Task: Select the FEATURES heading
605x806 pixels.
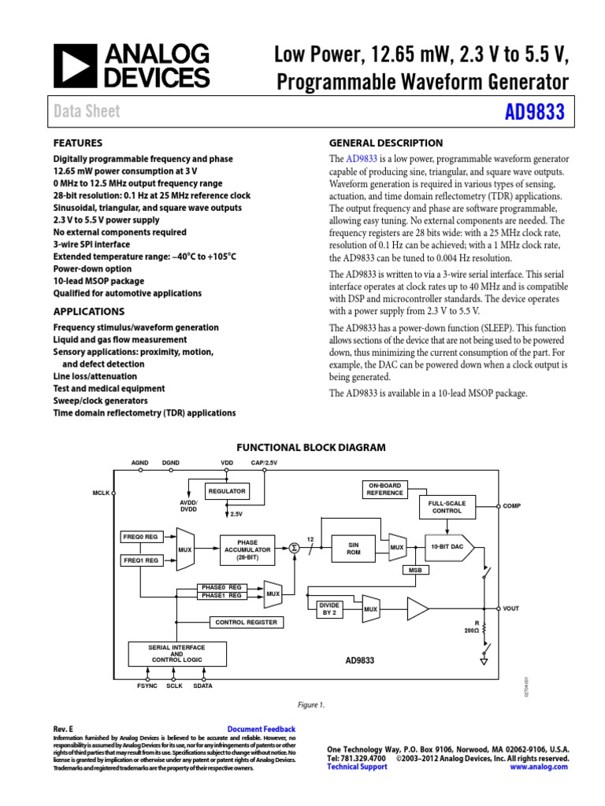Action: tap(77, 143)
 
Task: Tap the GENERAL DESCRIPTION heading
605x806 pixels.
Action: tap(384, 143)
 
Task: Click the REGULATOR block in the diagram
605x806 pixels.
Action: tap(226, 491)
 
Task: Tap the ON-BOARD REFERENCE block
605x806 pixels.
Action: tap(384, 489)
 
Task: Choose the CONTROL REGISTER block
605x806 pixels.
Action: tap(246, 622)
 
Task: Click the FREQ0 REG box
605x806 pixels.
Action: tap(140, 536)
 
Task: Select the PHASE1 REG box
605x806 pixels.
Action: tap(220, 596)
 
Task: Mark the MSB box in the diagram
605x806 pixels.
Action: tap(416, 570)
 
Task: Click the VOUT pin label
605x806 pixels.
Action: tap(510, 608)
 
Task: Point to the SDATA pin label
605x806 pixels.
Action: tap(202, 686)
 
